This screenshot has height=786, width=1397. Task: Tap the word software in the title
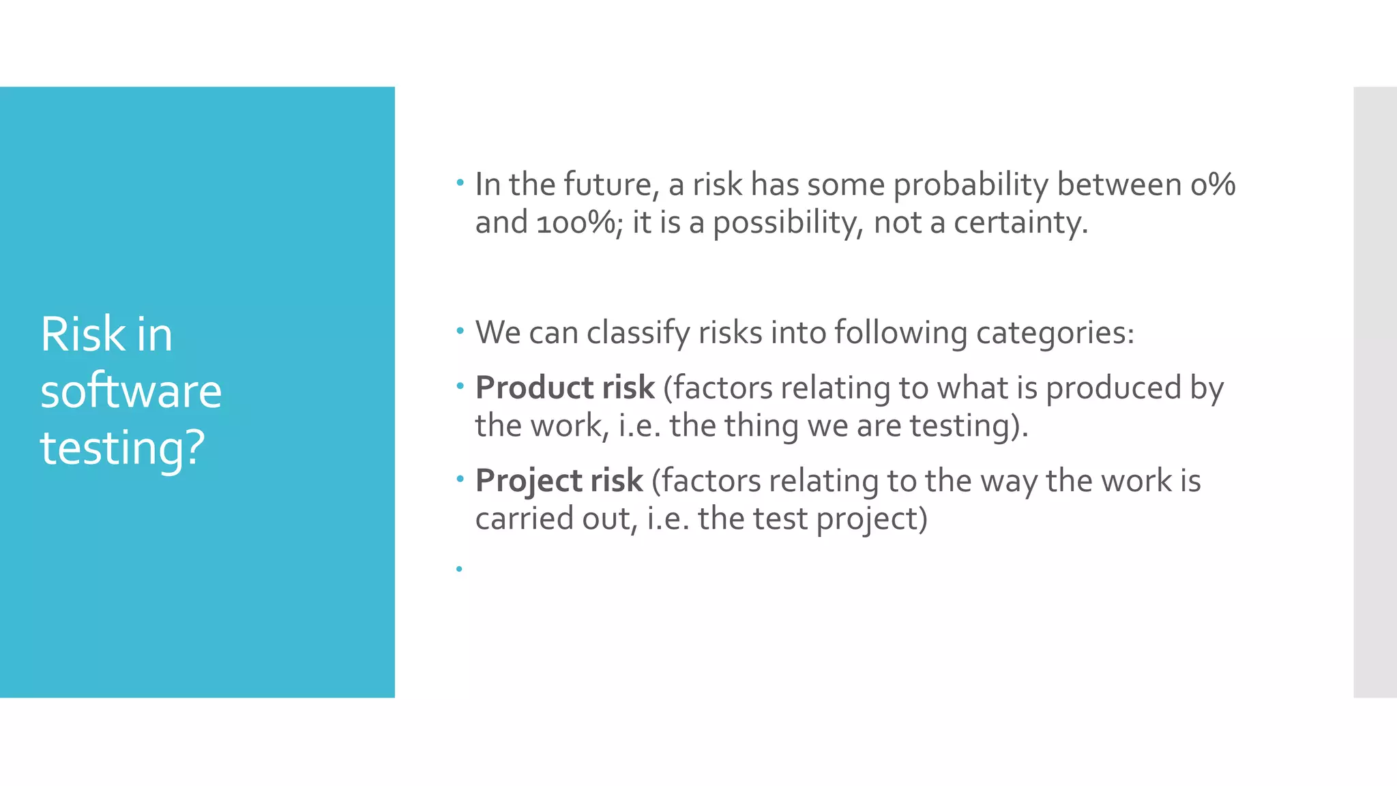click(x=131, y=392)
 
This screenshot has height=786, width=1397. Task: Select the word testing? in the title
click(x=123, y=448)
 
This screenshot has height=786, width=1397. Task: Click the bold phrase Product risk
click(x=565, y=388)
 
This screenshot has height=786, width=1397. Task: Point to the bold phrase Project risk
click(x=559, y=480)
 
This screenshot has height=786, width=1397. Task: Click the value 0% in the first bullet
click(x=1213, y=184)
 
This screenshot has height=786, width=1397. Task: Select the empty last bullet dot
click(x=459, y=569)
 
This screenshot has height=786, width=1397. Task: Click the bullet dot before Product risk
click(x=460, y=387)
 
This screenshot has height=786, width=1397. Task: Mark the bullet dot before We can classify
click(x=460, y=332)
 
